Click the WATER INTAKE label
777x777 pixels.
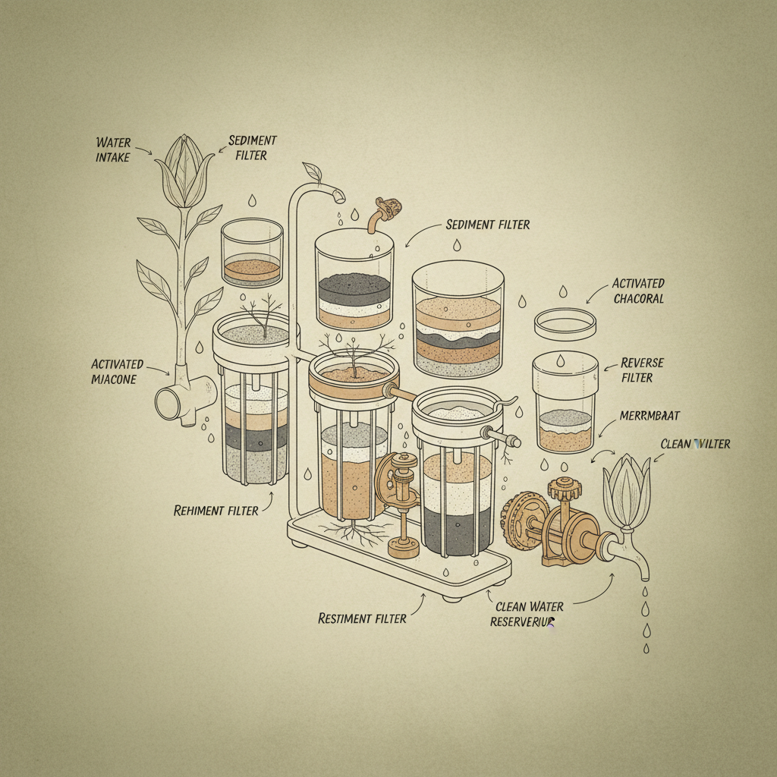point(114,149)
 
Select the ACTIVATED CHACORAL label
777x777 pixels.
point(638,291)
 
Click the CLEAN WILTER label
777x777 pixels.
point(695,443)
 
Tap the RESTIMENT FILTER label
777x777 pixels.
point(362,618)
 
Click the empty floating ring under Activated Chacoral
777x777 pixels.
point(564,324)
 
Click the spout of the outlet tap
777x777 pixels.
point(642,565)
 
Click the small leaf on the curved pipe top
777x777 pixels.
point(312,172)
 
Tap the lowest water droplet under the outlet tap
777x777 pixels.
point(646,647)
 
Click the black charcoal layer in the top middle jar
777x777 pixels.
point(354,288)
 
